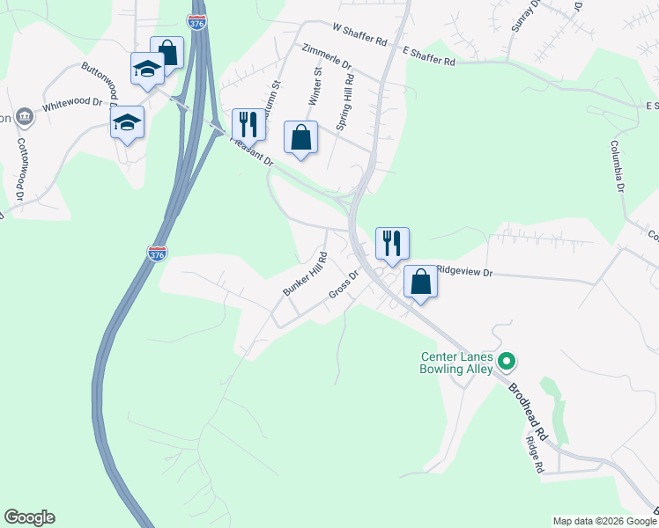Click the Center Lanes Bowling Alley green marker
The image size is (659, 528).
pyautogui.click(x=507, y=361)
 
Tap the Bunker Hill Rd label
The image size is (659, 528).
pyautogui.click(x=305, y=275)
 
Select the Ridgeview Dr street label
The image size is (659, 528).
pyautogui.click(x=463, y=273)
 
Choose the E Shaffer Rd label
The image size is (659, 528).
pyautogui.click(x=428, y=57)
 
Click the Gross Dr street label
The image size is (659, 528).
pyautogui.click(x=344, y=285)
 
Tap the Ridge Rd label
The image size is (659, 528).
pyautogui.click(x=533, y=455)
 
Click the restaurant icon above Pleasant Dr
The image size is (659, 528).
pyautogui.click(x=248, y=124)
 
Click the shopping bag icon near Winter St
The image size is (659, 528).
pyautogui.click(x=300, y=137)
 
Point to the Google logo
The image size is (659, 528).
pyautogui.click(x=30, y=517)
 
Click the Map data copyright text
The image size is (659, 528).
pyautogui.click(x=605, y=521)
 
